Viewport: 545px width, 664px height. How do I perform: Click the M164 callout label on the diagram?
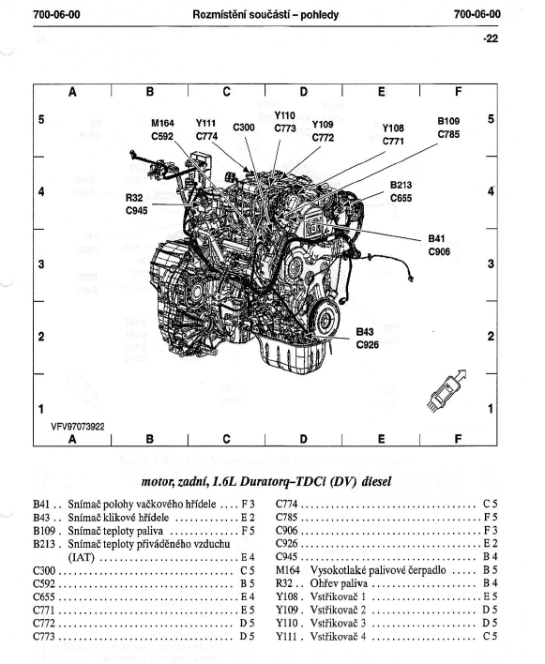coord(162,123)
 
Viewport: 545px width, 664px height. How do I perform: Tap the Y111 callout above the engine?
coord(205,123)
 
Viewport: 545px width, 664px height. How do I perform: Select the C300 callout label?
coord(244,128)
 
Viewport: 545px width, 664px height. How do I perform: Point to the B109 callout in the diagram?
coord(448,121)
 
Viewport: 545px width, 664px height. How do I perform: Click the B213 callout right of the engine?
coord(401,185)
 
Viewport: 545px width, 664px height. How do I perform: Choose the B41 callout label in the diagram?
coord(436,239)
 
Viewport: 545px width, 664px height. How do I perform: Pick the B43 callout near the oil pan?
coord(365,332)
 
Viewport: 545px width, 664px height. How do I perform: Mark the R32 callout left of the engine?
coord(134,198)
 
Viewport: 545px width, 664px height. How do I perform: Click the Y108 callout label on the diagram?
coord(393,128)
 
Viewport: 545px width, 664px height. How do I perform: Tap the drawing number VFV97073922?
coord(78,427)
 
